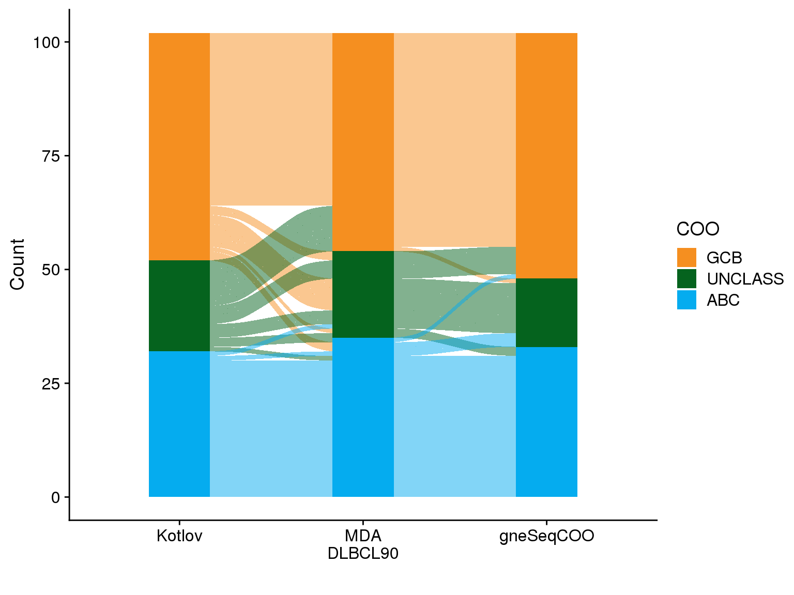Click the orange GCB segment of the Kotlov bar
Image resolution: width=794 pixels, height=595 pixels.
pos(179,146)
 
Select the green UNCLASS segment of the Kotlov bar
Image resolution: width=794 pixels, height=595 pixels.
pos(179,306)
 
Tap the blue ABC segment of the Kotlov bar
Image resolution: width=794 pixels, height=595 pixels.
pos(179,424)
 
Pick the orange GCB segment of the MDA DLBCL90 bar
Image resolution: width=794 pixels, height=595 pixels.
pos(363,142)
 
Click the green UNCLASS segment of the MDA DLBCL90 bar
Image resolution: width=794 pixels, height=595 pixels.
pos(363,294)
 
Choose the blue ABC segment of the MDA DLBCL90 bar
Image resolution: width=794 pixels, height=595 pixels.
pos(363,417)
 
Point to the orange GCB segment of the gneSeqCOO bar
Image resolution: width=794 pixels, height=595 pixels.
pos(546,155)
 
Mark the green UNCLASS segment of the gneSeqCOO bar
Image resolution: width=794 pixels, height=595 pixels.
pos(546,312)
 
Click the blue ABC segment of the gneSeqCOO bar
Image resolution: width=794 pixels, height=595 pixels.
pos(546,421)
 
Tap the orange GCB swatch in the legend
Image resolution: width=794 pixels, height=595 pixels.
pos(686,258)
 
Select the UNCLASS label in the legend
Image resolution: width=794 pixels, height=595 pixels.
pos(745,279)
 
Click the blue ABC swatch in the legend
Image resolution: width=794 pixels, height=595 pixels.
pos(686,300)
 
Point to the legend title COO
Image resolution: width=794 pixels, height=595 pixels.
pos(698,229)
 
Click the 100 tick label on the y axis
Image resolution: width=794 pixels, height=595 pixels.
pos(47,42)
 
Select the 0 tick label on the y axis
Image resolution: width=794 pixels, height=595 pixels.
pos(56,497)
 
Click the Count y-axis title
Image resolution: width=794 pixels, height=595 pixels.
pos(17,264)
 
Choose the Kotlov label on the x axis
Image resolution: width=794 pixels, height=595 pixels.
pos(179,536)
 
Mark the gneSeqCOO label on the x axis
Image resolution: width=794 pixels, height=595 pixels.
pos(546,536)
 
